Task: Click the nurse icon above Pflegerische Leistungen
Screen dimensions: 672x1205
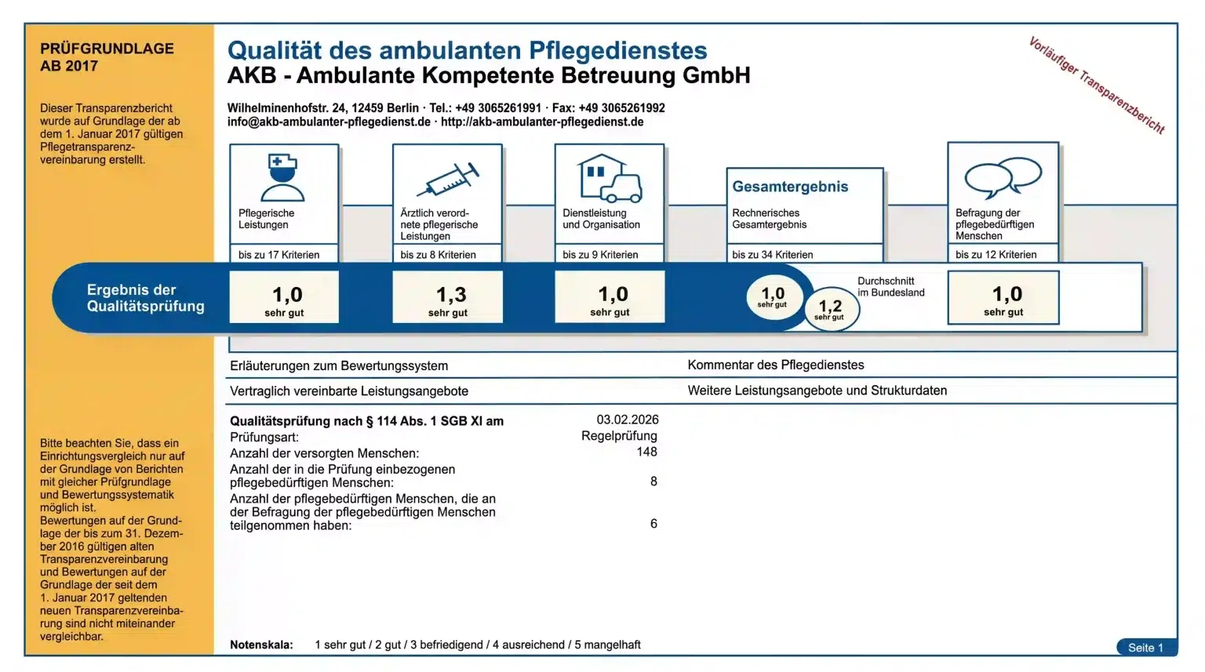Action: point(283,178)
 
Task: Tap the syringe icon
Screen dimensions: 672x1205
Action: point(448,180)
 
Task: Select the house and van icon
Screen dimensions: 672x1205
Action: point(610,178)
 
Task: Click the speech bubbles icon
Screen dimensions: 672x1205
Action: point(1003,176)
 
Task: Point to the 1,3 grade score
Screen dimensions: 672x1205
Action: point(450,296)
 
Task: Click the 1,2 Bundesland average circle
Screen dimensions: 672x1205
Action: point(831,309)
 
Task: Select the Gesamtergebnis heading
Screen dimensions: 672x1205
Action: point(790,187)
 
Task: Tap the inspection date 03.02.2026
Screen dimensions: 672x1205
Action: point(628,420)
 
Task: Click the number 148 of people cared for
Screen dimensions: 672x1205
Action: point(646,452)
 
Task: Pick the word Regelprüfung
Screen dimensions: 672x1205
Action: point(619,436)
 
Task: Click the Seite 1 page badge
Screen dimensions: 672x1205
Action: point(1145,648)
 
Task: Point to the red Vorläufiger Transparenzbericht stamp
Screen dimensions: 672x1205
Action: point(1096,85)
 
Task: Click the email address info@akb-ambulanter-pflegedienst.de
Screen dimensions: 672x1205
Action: point(329,122)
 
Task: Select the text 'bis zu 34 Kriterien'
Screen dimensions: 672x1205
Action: point(772,255)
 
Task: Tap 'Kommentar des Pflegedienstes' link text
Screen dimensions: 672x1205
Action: point(775,365)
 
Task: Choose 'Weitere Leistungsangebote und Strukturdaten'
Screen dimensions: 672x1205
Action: point(817,390)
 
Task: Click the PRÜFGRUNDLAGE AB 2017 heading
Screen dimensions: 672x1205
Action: point(107,57)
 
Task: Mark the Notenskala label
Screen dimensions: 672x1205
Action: point(261,645)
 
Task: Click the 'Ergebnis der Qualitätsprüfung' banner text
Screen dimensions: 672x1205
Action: point(145,298)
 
